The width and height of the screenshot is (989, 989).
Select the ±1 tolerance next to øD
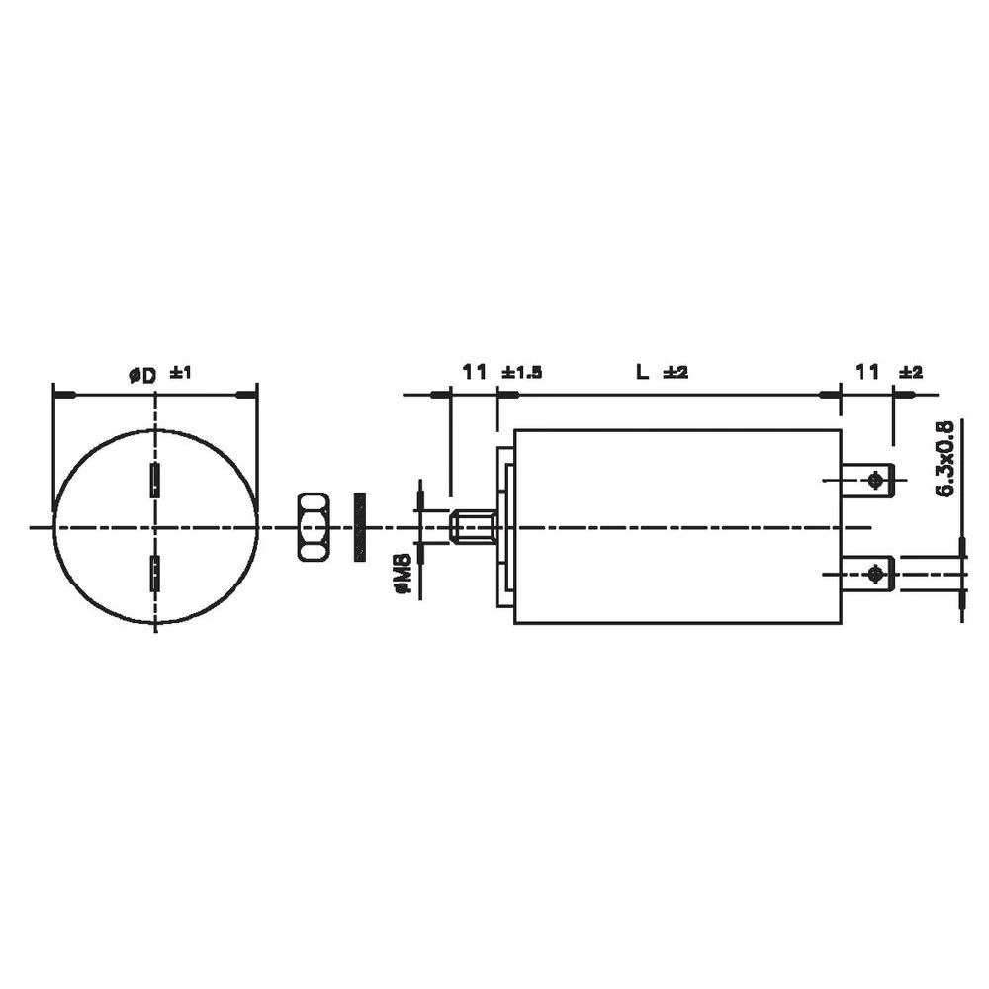coord(180,373)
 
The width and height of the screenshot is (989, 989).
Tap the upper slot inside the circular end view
coord(154,480)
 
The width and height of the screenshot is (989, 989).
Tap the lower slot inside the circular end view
coord(154,574)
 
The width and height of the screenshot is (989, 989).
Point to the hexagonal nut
coord(313,526)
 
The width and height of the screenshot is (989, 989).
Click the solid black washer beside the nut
coord(359,526)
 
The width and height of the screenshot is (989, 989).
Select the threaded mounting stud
coord(473,526)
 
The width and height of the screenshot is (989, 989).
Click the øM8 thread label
coord(403,575)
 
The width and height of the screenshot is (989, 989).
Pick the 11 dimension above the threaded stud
coord(475,372)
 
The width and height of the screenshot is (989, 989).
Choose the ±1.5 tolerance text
coord(521,373)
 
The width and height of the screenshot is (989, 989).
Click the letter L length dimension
coord(641,373)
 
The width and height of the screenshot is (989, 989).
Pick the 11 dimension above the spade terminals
coord(867,372)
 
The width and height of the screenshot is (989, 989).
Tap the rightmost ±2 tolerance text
coord(910,373)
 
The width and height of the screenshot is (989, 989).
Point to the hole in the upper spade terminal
coord(874,481)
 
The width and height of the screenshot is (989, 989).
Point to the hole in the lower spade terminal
coord(874,574)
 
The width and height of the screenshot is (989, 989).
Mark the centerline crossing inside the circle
coord(155,527)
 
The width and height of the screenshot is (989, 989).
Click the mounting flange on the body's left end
coord(505,526)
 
